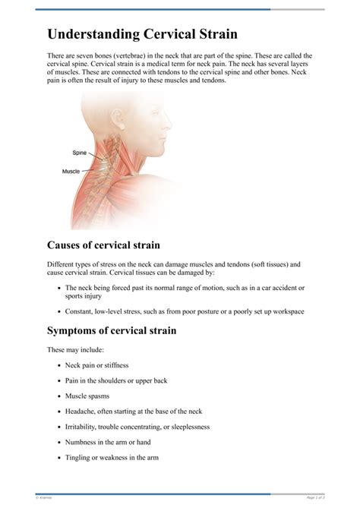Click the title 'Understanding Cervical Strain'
click(x=142, y=34)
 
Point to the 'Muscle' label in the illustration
click(x=71, y=172)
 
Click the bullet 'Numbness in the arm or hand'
click(x=108, y=442)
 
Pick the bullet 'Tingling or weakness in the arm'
click(x=112, y=457)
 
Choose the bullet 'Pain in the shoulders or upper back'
click(x=116, y=380)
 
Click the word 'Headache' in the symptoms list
click(x=81, y=411)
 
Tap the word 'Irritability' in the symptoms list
click(x=83, y=427)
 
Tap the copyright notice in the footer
click(x=43, y=497)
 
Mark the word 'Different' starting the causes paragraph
click(x=62, y=264)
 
